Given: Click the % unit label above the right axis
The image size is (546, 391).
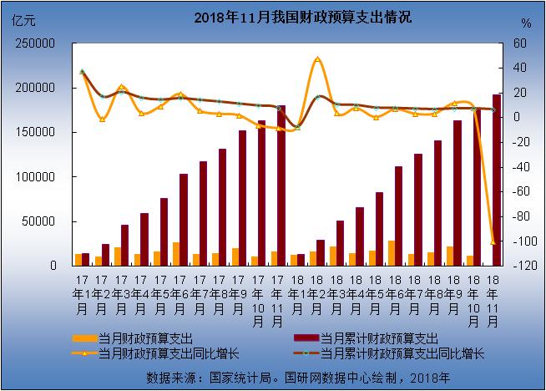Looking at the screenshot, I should pyautogui.click(x=524, y=23).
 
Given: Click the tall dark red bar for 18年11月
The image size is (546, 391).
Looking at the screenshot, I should pyautogui.click(x=497, y=180).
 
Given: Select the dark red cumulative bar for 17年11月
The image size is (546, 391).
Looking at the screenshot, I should pyautogui.click(x=281, y=185).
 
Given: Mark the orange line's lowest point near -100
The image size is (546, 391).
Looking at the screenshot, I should pyautogui.click(x=493, y=241).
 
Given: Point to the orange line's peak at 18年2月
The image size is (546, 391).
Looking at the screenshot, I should pyautogui.click(x=317, y=59).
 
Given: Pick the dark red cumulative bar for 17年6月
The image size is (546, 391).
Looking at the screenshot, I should pyautogui.click(x=184, y=219).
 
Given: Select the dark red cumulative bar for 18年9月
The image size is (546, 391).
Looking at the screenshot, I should pyautogui.click(x=458, y=192).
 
